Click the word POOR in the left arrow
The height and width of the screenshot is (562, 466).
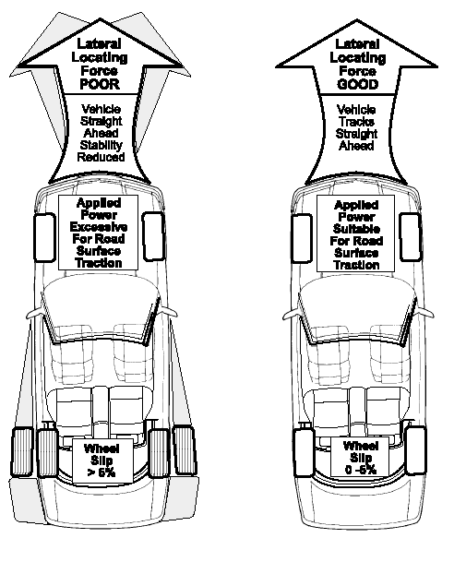click(100, 84)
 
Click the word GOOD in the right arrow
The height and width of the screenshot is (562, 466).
click(358, 84)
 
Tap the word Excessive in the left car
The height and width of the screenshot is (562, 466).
click(99, 227)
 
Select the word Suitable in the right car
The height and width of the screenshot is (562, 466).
click(356, 229)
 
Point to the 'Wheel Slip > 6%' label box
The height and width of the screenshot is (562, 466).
click(102, 460)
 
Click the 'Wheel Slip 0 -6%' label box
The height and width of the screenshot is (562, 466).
click(360, 458)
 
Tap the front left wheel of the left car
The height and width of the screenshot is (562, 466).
click(44, 237)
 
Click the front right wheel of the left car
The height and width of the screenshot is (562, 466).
click(153, 236)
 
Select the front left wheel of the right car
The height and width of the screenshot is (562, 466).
click(302, 238)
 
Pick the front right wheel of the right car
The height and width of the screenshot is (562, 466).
click(410, 236)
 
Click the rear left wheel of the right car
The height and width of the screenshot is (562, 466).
click(305, 453)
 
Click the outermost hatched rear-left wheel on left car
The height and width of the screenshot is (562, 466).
click(22, 452)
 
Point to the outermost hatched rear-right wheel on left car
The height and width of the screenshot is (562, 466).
click(185, 449)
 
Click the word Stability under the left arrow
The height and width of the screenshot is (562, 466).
click(102, 145)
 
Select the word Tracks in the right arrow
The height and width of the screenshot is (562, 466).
click(357, 122)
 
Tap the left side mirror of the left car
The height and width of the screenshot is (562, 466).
click(34, 314)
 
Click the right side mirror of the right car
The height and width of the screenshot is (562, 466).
click(425, 312)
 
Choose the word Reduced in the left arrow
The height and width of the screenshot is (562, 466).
click(102, 157)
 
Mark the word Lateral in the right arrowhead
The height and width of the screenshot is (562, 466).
click(357, 44)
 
